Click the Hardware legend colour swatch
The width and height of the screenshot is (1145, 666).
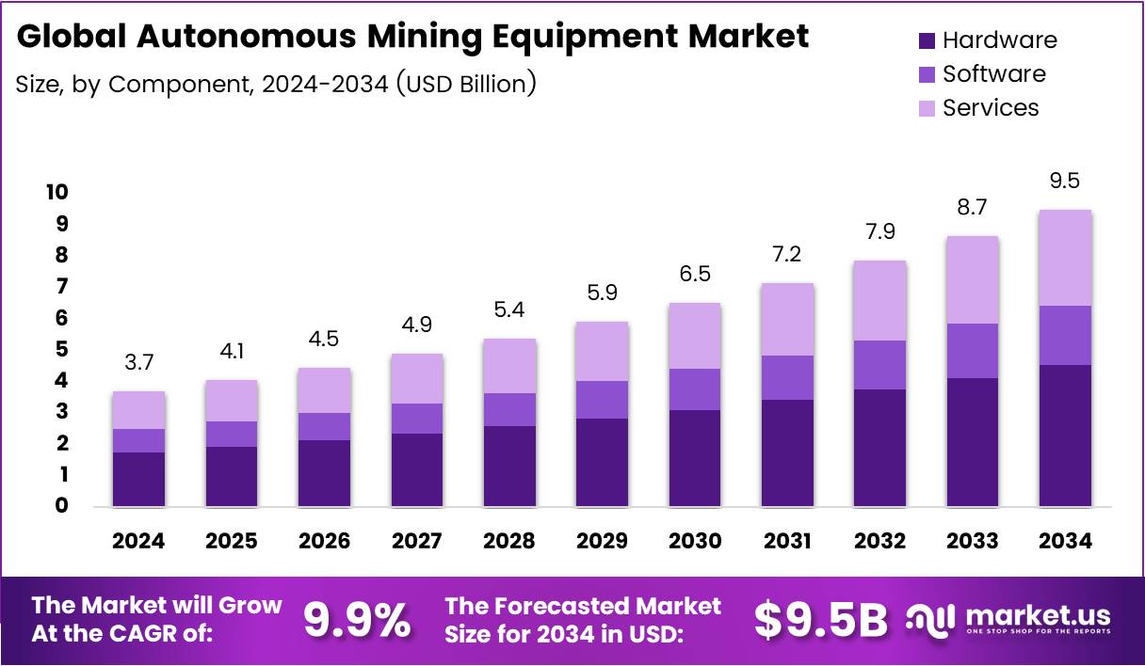(x=927, y=40)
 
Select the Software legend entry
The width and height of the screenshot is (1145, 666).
(x=993, y=74)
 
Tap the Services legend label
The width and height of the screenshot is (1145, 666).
(x=991, y=108)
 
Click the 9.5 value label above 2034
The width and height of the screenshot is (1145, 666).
(x=1065, y=181)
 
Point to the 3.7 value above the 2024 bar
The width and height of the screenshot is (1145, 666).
(x=138, y=362)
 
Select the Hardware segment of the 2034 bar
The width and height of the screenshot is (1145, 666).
(x=1065, y=436)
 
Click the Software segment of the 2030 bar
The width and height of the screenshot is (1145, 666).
(x=694, y=389)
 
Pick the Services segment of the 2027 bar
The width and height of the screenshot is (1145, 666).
(x=416, y=378)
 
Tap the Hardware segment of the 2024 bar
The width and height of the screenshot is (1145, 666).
(x=138, y=479)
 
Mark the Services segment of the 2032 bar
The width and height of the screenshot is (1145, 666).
(x=879, y=301)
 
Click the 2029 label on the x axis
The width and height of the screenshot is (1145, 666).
(x=602, y=541)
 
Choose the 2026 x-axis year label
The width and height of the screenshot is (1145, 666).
(x=324, y=541)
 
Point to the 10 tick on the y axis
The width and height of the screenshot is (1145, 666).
(x=56, y=193)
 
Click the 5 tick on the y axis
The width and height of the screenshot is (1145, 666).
(x=60, y=350)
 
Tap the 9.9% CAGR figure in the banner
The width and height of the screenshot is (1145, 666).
(x=357, y=620)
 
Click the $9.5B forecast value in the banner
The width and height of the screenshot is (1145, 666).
(x=821, y=620)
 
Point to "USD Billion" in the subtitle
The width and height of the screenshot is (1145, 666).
(x=466, y=84)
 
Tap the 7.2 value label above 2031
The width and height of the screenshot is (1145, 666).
(x=787, y=255)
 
